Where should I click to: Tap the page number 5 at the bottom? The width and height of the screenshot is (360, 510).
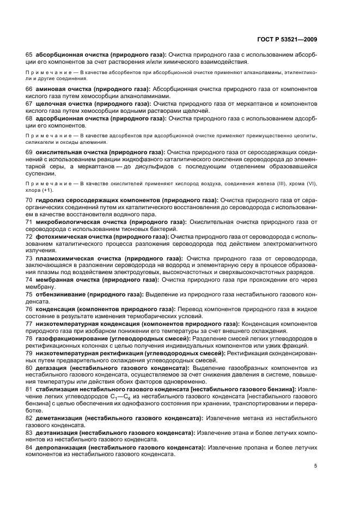tap(316, 466)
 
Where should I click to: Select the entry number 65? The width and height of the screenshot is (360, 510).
tap(29, 55)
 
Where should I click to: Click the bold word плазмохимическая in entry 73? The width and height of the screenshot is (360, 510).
tap(66, 258)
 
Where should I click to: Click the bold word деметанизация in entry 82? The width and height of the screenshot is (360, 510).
tap(59, 418)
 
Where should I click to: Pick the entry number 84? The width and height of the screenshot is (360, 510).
tap(29, 447)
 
